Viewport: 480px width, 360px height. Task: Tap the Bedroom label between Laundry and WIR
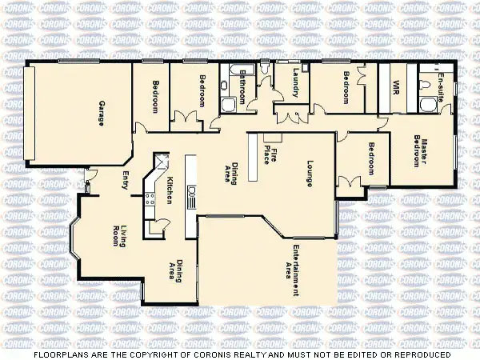(x=346, y=86)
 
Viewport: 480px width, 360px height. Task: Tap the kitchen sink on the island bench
(x=192, y=193)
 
